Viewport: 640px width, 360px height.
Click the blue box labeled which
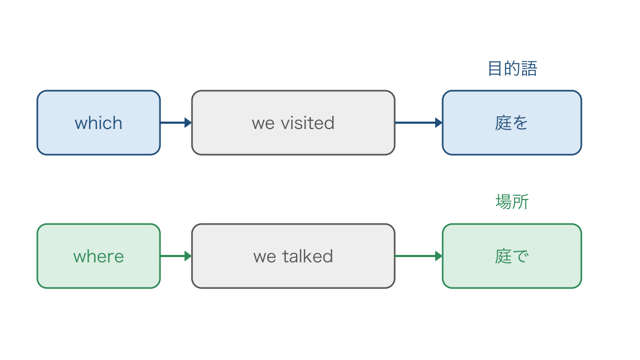[99, 123]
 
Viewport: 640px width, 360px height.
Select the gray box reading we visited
[293, 123]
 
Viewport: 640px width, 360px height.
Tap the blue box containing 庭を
[511, 123]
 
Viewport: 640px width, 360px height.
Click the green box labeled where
[99, 256]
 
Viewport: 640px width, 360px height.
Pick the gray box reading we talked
[293, 256]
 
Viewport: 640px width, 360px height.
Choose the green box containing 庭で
[511, 256]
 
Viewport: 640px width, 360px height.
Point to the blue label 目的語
[513, 69]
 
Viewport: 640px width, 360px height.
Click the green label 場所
[512, 202]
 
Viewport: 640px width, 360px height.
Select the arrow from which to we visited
[176, 123]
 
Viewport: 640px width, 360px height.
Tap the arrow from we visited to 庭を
[419, 123]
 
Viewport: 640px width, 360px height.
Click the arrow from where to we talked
[176, 256]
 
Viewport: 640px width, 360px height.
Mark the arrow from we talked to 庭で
[419, 256]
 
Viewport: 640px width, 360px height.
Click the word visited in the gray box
[307, 123]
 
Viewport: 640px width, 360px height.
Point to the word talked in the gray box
[308, 256]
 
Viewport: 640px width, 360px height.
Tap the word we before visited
[263, 124]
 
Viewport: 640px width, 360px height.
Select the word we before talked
[265, 258]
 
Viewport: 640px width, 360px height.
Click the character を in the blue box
[520, 123]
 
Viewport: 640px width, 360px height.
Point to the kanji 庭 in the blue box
[503, 123]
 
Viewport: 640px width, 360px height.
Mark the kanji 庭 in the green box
[503, 256]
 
